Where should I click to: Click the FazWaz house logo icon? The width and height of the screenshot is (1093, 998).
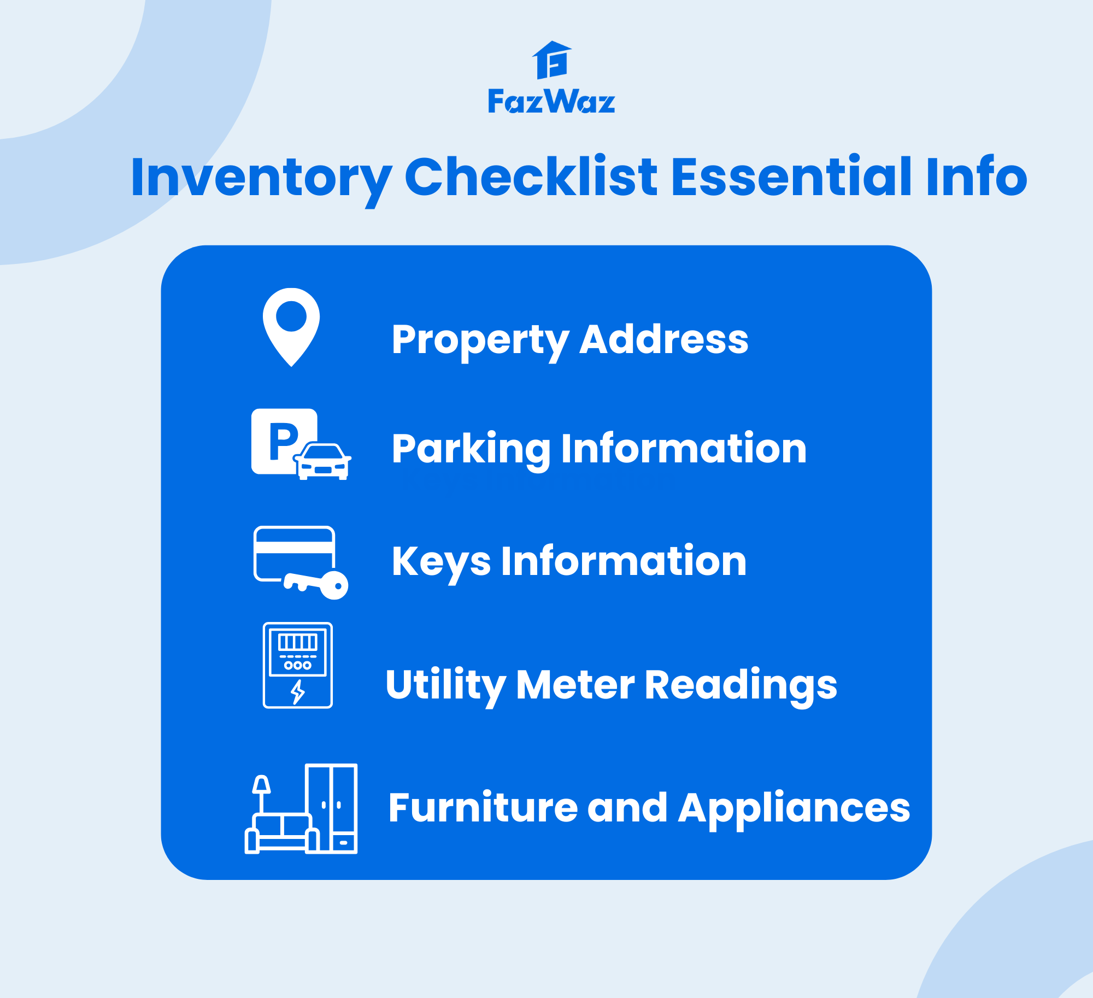[x=552, y=60]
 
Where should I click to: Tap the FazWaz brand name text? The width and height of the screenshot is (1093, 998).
[x=551, y=102]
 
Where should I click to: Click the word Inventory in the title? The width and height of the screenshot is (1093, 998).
[x=261, y=177]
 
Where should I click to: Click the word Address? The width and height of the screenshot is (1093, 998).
[x=663, y=339]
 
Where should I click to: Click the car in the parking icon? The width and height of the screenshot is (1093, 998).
[x=323, y=462]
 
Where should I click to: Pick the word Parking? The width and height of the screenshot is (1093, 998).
[x=471, y=449]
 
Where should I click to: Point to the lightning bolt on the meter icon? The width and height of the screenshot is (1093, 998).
[x=297, y=692]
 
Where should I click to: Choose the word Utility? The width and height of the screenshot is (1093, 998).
[x=445, y=685]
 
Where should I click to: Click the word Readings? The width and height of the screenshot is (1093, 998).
[x=741, y=685]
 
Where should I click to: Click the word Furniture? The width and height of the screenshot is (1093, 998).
[x=483, y=808]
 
